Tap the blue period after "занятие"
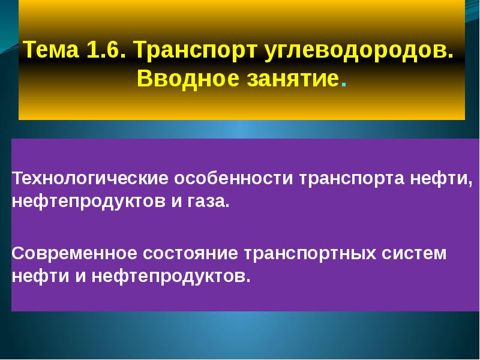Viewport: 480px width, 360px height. tap(343, 85)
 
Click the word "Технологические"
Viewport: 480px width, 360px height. tap(90, 178)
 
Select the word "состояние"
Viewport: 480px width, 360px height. tap(188, 253)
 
